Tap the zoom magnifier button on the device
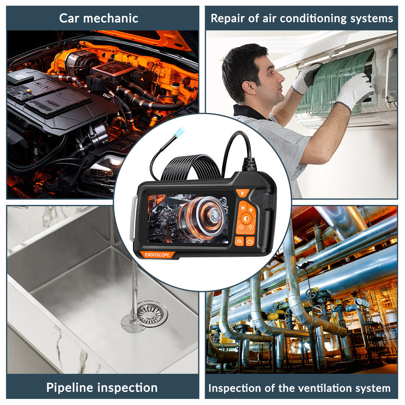click(239, 241)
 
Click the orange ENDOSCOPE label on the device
click(157, 255)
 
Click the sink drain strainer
click(151, 313)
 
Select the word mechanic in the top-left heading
click(111, 18)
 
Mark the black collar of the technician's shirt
click(248, 112)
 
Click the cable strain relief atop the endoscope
click(249, 164)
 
